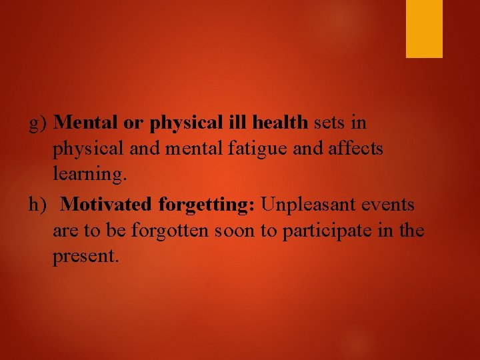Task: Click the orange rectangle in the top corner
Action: click(x=424, y=29)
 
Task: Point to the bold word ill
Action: click(x=239, y=123)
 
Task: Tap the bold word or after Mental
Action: click(x=133, y=123)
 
